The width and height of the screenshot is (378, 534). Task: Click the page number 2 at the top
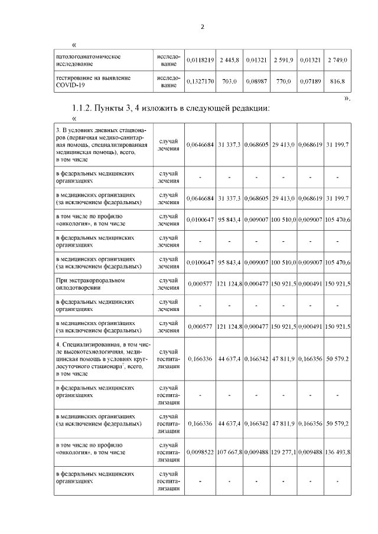[x=202, y=27]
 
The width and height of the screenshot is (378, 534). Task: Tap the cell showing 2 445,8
[x=229, y=60]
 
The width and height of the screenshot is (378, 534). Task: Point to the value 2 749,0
[x=337, y=60]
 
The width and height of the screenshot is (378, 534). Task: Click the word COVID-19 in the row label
[x=70, y=86]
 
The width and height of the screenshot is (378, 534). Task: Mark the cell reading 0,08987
[x=257, y=81]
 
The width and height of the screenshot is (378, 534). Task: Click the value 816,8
[x=337, y=81]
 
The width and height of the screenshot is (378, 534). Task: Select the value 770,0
[x=283, y=81]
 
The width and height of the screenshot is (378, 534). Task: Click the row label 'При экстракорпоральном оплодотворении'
[x=89, y=284]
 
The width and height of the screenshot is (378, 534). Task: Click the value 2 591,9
[x=283, y=60]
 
